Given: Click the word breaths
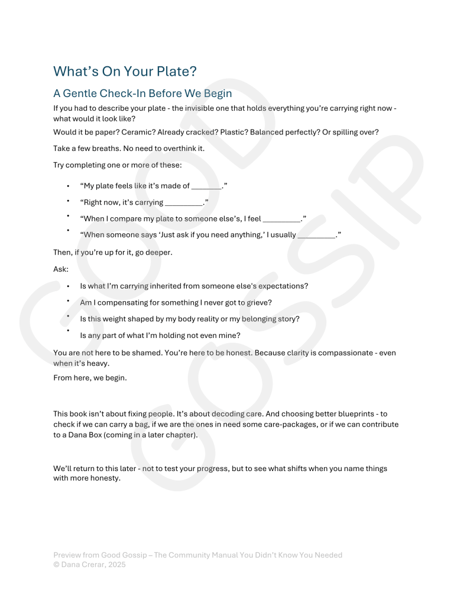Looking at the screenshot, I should [100, 149].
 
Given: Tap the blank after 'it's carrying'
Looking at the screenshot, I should [184, 203].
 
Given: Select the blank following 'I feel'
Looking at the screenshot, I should [281, 219].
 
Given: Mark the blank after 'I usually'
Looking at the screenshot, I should [316, 235].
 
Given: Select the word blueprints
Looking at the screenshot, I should [354, 414].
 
